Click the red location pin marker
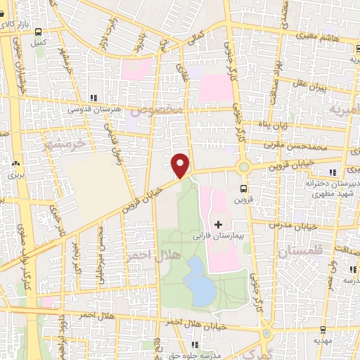tap(181, 165)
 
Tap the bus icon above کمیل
tap(39, 32)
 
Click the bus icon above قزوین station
tap(243, 188)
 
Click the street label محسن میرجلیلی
tap(102, 250)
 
